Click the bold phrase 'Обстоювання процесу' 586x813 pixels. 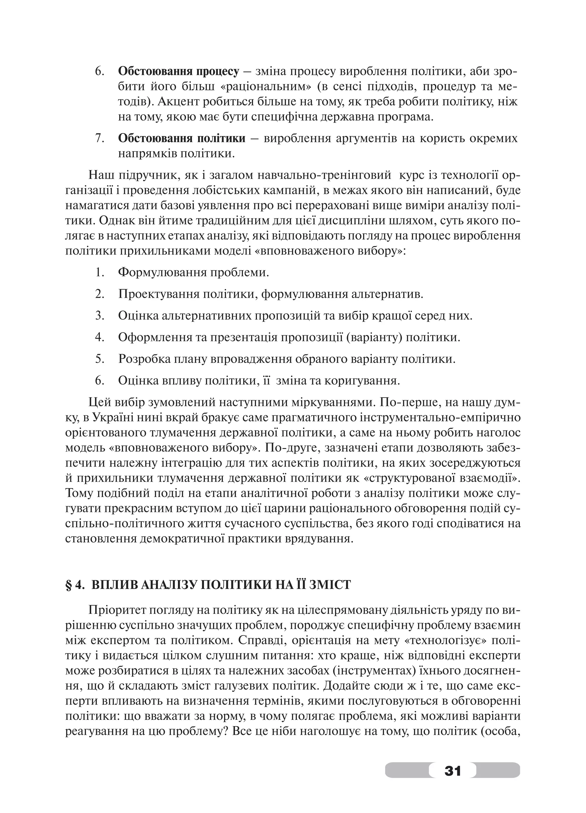pyautogui.click(x=178, y=71)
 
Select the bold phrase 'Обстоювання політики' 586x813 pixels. pyautogui.click(x=182, y=138)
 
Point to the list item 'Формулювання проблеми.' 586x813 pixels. pyautogui.click(x=193, y=272)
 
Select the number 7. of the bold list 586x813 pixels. pyautogui.click(x=99, y=138)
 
